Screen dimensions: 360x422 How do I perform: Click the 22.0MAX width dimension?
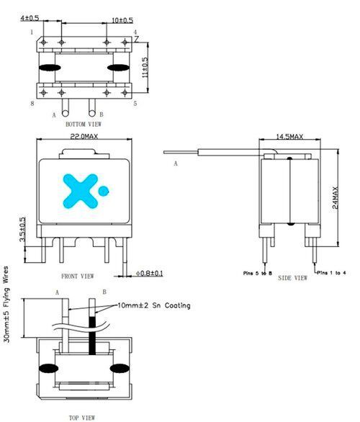tap(84, 136)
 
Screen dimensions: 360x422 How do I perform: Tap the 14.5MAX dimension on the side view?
tap(289, 136)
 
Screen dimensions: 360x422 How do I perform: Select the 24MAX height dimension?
tap(336, 197)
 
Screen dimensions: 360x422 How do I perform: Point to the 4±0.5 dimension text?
tap(30, 18)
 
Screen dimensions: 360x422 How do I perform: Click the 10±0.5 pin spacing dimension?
tap(122, 20)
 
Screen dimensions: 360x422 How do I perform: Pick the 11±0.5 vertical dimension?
tap(145, 68)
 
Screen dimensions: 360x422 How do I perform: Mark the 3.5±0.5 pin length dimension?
tap(22, 229)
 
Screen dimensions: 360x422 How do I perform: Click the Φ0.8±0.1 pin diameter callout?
tap(149, 274)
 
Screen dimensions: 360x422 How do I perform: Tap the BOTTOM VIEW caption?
tap(84, 124)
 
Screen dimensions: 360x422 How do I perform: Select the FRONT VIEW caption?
tap(78, 277)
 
